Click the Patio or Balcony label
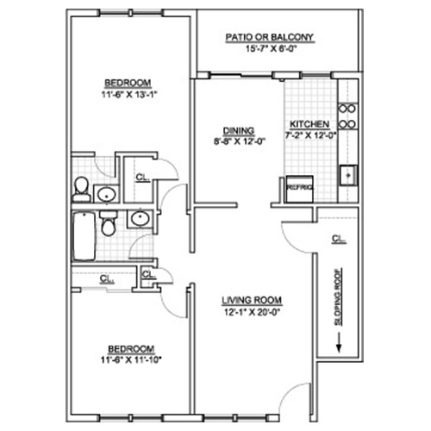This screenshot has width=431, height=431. click(269, 37)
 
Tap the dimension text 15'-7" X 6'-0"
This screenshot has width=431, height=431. click(271, 49)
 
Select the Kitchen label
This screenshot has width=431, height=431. click(309, 124)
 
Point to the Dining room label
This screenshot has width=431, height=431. click(239, 131)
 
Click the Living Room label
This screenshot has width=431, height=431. click(252, 301)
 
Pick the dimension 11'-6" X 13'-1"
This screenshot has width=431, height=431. click(129, 94)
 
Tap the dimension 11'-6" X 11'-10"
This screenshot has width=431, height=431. click(131, 359)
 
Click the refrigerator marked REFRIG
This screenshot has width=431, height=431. click(300, 189)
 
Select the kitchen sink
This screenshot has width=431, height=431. click(348, 175)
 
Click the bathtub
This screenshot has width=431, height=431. click(84, 236)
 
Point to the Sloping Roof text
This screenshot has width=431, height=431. click(339, 297)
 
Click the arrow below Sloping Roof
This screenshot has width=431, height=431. click(339, 342)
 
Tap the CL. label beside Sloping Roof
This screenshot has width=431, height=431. click(339, 239)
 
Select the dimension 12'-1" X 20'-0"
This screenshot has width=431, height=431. click(252, 312)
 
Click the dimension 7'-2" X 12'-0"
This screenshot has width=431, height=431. click(310, 135)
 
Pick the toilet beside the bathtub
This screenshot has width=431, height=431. click(109, 223)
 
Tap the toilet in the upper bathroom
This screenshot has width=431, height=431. click(81, 190)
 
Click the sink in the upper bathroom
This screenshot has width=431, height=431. click(106, 194)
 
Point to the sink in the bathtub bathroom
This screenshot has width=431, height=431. click(140, 219)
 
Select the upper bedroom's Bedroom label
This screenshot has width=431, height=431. click(128, 83)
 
